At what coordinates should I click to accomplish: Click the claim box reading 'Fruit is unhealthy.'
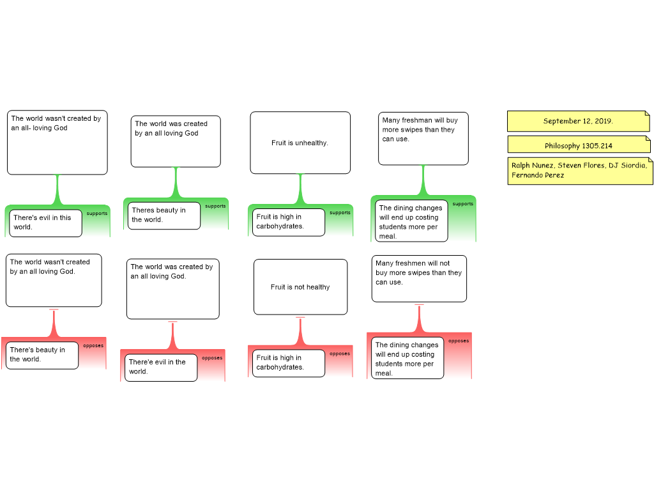pos(300,143)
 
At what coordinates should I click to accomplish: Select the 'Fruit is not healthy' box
pos(300,287)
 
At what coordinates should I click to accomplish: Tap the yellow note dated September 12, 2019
pos(579,121)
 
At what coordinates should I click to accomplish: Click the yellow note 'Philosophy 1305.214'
pos(579,144)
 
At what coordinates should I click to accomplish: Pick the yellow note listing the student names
pos(580,171)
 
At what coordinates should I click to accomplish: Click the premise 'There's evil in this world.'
pos(45,223)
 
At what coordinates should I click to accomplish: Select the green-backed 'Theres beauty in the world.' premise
pos(164,215)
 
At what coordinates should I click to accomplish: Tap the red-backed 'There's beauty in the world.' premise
pos(42,355)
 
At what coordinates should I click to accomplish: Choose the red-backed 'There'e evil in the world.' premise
pos(161,368)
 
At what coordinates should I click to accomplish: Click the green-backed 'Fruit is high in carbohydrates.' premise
pos(289,222)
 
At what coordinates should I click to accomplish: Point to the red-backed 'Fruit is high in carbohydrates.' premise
pos(289,363)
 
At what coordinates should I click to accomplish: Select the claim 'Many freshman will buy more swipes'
pos(423,139)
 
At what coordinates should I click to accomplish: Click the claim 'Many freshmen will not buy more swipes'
pos(419,279)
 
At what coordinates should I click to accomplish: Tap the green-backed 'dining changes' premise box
pos(411,221)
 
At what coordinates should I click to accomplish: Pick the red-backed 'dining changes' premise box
pos(407,358)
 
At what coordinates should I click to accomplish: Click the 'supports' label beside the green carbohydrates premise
pos(340,212)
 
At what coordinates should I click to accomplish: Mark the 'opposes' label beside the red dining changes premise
pos(459,341)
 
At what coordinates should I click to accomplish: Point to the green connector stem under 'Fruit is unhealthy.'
pos(300,189)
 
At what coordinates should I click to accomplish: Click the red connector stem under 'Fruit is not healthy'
pos(300,331)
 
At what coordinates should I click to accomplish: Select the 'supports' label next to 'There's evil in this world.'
pos(97,214)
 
